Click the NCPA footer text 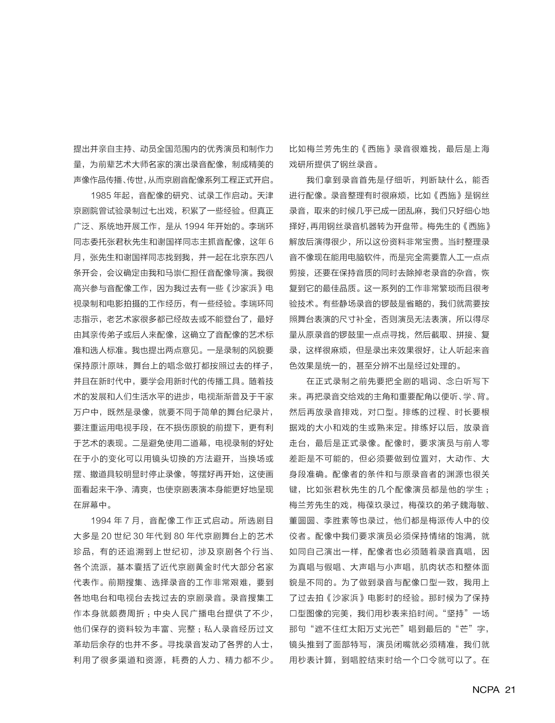486,690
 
